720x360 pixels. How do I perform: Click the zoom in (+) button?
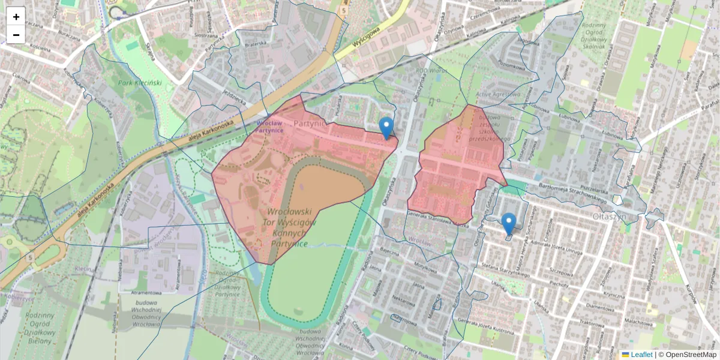click(16, 17)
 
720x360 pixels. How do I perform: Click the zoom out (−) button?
click(16, 35)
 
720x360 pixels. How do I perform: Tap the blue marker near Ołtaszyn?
click(508, 223)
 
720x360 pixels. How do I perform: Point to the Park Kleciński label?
click(140, 83)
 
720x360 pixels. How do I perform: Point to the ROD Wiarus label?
click(433, 71)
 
